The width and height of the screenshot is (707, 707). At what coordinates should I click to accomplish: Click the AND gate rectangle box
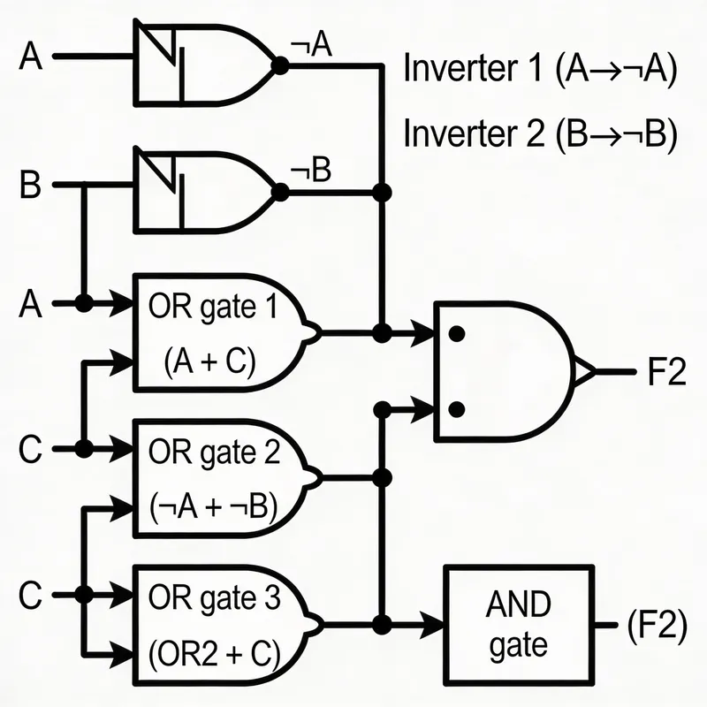click(x=517, y=626)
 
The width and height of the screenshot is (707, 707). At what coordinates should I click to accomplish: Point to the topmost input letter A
click(x=30, y=57)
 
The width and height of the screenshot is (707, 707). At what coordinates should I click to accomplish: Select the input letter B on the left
click(x=30, y=186)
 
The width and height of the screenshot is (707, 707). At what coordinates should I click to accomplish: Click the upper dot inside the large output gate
click(x=457, y=334)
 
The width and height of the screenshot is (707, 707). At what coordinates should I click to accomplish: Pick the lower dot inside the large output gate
click(x=457, y=408)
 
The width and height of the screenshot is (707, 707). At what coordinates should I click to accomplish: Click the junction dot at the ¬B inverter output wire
click(x=383, y=191)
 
